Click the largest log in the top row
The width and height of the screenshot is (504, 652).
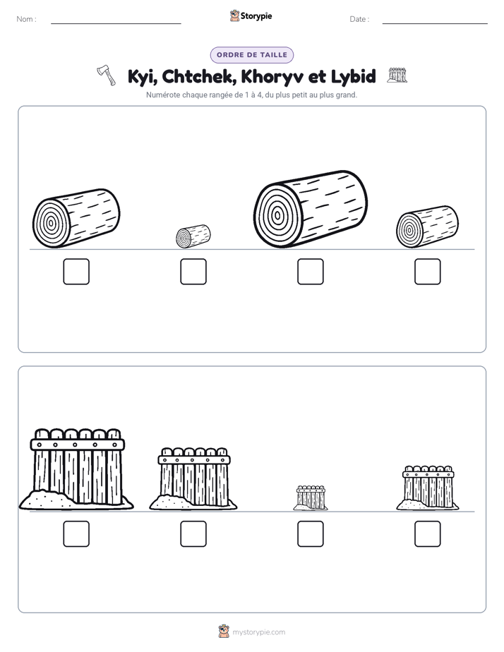coord(310,209)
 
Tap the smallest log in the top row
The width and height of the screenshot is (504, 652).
coord(193,236)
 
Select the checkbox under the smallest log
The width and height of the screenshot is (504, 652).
coord(193,272)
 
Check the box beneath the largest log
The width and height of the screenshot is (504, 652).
coord(310,272)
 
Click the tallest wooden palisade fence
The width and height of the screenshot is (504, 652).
coord(76,469)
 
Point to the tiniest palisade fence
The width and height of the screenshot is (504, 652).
coord(311,497)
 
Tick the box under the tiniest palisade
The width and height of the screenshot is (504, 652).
coord(310,534)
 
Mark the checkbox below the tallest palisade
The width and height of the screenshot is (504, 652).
coord(76,534)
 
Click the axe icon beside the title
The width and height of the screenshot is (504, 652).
coord(107,76)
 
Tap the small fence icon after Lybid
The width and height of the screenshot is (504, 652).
coord(397,75)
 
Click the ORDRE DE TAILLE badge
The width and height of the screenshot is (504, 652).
coord(252,55)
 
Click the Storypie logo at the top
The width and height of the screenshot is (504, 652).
coord(251,16)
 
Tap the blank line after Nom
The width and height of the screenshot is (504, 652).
coord(116,23)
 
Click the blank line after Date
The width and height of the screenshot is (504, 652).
coord(435,23)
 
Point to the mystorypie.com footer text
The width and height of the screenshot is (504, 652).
coord(258,632)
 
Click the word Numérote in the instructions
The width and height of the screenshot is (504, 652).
coord(163,95)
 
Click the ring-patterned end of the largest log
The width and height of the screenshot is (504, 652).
coord(276,216)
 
